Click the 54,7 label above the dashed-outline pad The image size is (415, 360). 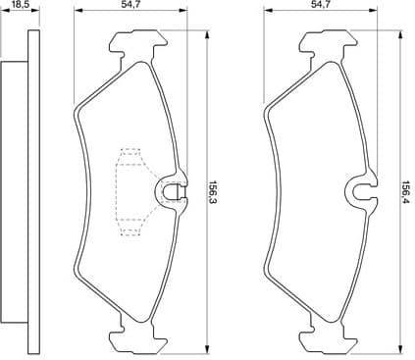[129, 5]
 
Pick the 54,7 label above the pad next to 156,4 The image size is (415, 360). [319, 5]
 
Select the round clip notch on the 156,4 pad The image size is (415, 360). [361, 190]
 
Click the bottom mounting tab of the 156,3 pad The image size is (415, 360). [136, 336]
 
